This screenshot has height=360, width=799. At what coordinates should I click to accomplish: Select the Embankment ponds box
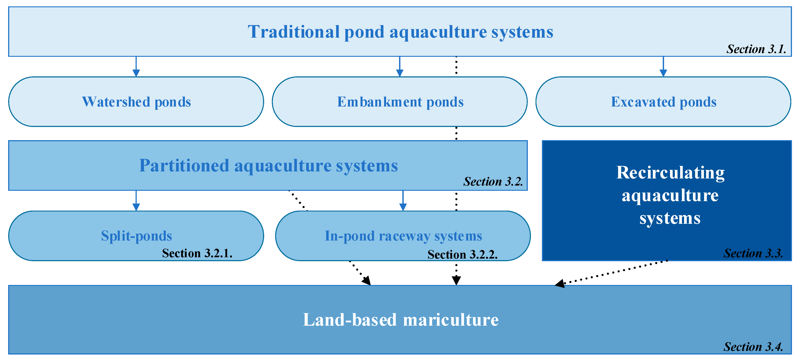coord(399,102)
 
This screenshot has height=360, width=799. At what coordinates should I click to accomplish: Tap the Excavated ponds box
coord(663,102)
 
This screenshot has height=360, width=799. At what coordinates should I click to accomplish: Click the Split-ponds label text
coord(136,236)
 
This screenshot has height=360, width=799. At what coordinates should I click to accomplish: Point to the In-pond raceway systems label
coord(403,236)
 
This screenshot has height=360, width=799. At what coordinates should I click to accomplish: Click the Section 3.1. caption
coord(756,49)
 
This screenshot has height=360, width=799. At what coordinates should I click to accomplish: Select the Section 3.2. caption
coord(493,181)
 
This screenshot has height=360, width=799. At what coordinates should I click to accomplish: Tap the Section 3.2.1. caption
coord(197,253)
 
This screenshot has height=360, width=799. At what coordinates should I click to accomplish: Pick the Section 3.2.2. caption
coord(462,255)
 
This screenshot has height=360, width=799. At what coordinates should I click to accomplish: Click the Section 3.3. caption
coord(753,253)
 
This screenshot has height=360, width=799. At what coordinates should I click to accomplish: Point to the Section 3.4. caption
coord(753,347)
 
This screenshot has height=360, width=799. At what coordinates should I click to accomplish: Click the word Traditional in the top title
coord(293,32)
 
